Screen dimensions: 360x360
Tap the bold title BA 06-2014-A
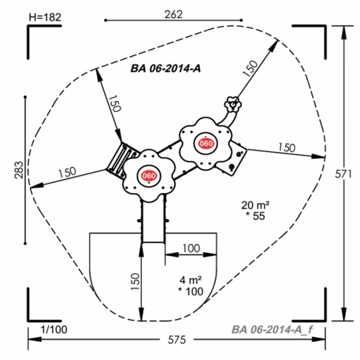pos(165,69)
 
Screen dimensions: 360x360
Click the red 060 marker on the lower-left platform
pos(150,176)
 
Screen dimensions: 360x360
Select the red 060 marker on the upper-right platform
pos(206,143)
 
